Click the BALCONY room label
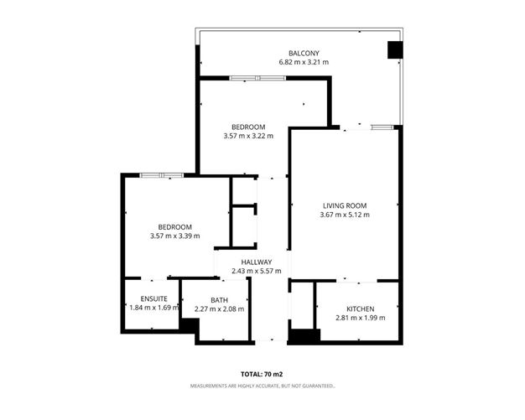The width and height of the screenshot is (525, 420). coord(304,53)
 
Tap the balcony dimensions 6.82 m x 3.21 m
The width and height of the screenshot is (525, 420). coord(304,62)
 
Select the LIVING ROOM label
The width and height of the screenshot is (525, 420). coord(345,206)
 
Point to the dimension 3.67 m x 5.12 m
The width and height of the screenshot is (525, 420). coord(345,215)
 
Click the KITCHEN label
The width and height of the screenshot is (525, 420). coord(361,309)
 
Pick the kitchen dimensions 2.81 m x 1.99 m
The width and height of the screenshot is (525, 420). coord(361,318)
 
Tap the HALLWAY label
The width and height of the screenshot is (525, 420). coord(257,262)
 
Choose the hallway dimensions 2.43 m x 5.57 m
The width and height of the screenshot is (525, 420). coord(257,271)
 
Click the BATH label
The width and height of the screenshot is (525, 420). coord(219,300)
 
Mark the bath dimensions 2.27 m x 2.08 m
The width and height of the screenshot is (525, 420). coord(219,309)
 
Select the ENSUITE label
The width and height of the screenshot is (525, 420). coord(154,298)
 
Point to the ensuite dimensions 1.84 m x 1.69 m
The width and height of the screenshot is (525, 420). coord(154,308)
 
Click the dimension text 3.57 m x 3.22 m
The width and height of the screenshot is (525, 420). coord(248,136)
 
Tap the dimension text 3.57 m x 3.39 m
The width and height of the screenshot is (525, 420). coord(175,236)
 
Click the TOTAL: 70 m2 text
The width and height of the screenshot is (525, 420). coord(262,374)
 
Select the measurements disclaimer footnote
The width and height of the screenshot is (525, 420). coord(262,386)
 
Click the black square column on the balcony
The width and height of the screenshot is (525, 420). coord(395,49)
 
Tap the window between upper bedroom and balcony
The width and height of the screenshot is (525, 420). coord(257,78)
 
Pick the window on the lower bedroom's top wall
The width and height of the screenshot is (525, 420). coord(162,175)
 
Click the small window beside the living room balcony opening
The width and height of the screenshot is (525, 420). coord(382,127)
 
